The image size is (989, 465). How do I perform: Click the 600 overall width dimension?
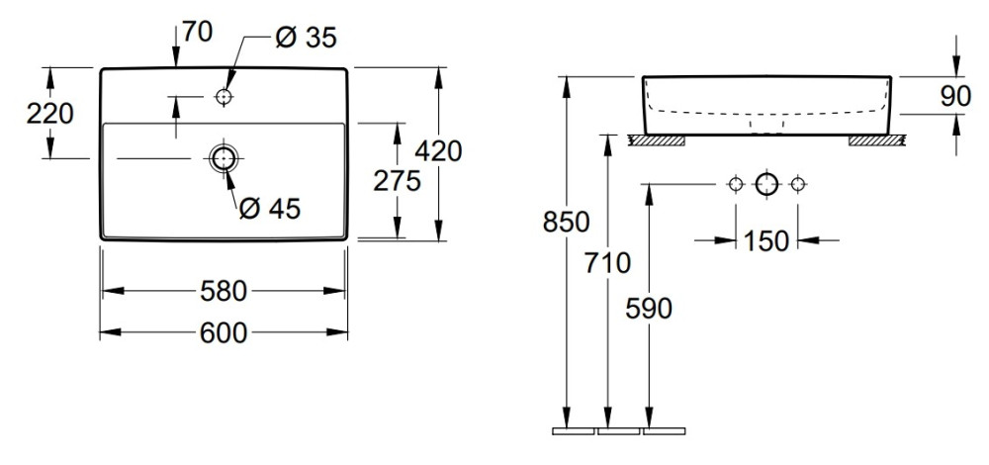pos(224,334)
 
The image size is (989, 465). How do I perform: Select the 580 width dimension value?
pos(224,291)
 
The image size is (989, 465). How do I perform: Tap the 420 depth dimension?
pos(440,151)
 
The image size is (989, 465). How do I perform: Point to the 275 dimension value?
pos(397,180)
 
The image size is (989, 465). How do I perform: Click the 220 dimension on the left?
pos(49,114)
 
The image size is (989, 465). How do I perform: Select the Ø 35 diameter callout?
pos(306,38)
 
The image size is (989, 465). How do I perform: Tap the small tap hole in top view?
pos(224,97)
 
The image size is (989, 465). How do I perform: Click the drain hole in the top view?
pos(224,157)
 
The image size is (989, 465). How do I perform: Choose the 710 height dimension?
pos(606,264)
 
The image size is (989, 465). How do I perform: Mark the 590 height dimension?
pos(649,309)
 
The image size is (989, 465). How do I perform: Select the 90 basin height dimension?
pos(956,96)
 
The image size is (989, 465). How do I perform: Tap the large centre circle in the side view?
pos(767,184)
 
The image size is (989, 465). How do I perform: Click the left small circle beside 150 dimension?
pos(735,184)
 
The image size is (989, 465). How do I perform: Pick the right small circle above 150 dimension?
pos(800,184)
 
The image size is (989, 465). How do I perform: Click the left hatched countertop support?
pos(658,140)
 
